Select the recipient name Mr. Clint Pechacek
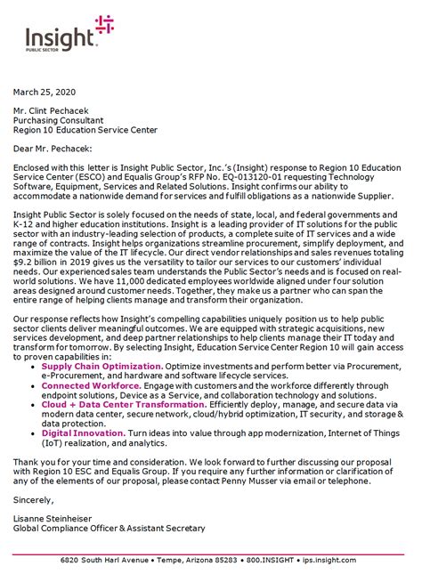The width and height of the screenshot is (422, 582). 55,109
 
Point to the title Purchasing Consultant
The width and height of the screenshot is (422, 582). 59,119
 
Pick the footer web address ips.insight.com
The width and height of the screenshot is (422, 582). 329,571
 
